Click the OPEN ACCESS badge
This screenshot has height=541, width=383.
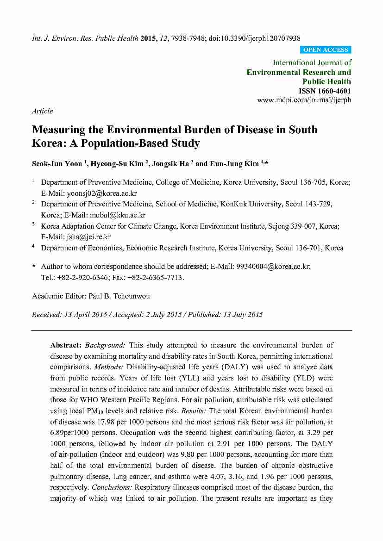325,50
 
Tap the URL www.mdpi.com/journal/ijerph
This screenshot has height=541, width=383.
304,100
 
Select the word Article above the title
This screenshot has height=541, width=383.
43,111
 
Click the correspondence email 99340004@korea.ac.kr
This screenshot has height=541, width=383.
273,267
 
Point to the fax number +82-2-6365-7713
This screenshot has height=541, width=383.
157,278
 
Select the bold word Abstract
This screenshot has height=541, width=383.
65,345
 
